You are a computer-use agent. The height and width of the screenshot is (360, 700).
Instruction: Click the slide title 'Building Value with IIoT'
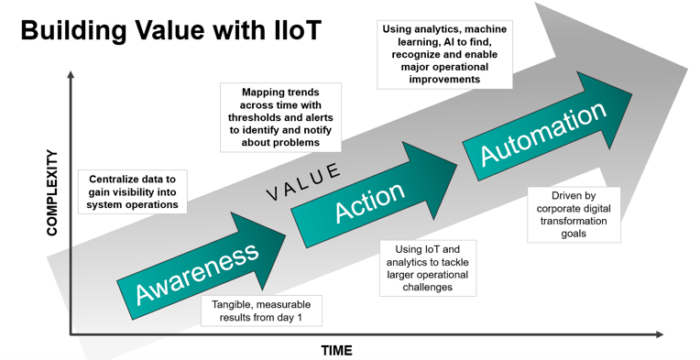(x=171, y=30)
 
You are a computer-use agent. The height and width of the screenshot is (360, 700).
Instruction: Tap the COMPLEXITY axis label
(x=52, y=193)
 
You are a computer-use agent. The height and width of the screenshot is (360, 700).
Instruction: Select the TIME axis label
(x=336, y=350)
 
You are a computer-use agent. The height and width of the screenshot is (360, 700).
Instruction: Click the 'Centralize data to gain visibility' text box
(x=133, y=191)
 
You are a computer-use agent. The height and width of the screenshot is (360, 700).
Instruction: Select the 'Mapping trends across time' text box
(x=280, y=117)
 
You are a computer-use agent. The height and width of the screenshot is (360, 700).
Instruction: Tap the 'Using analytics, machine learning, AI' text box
(x=443, y=55)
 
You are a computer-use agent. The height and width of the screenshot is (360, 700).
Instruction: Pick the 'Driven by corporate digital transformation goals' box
(x=574, y=214)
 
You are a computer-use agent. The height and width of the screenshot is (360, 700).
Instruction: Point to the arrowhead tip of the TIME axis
(x=661, y=335)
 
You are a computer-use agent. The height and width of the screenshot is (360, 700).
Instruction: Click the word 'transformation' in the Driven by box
(x=574, y=221)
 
